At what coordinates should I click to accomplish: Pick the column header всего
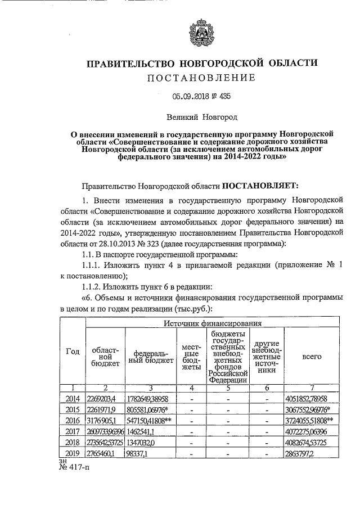[308, 356]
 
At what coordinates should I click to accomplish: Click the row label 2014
[73, 399]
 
